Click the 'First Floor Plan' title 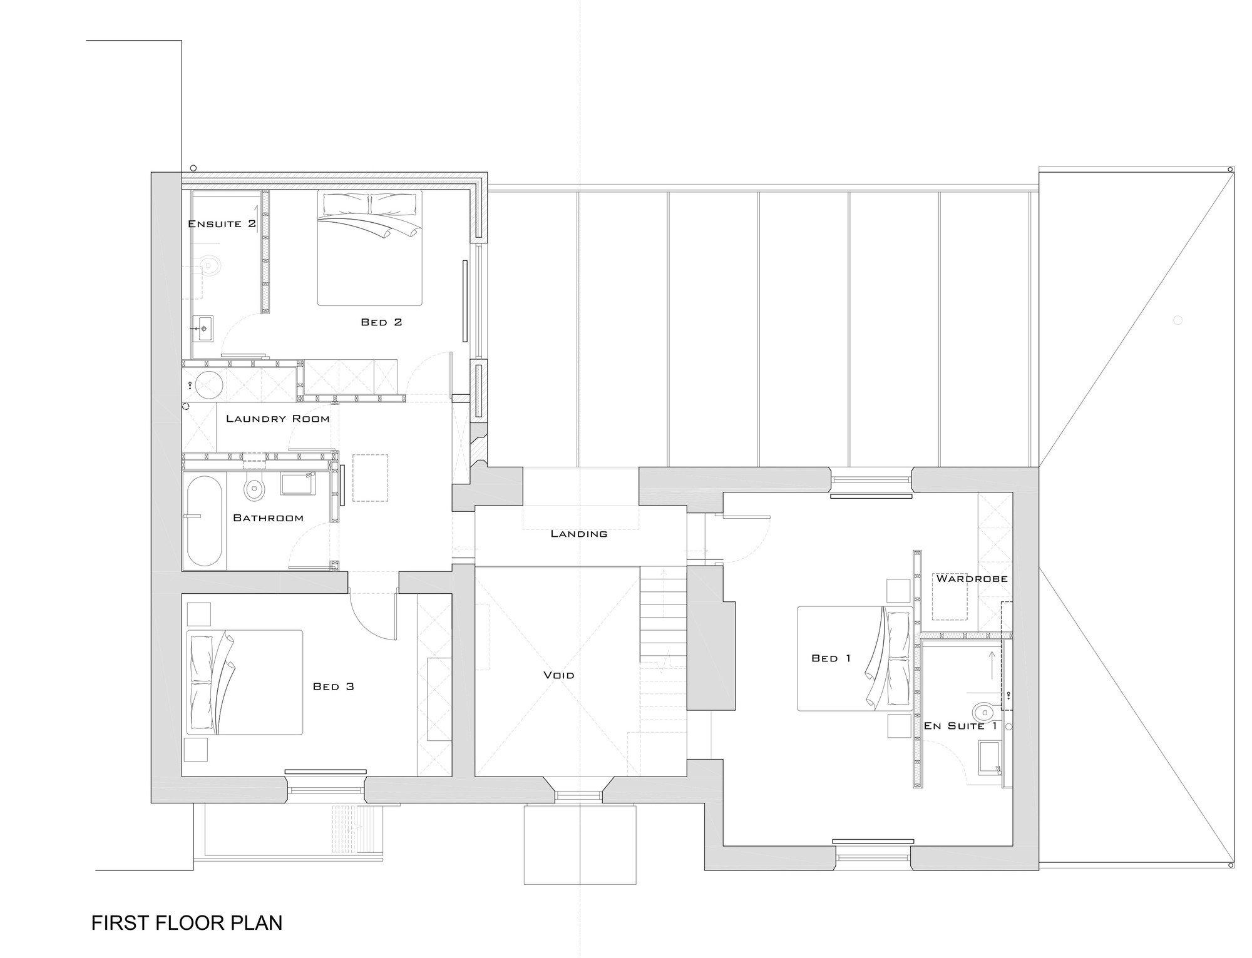pos(187,923)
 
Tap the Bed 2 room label pos(381,322)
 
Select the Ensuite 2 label pos(222,224)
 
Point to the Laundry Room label pos(277,419)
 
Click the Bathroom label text pos(268,518)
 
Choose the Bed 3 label pos(334,686)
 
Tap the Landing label pos(579,534)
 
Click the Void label pos(559,675)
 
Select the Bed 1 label pos(831,658)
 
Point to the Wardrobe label pos(972,579)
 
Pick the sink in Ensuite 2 pos(203,329)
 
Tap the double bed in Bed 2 pos(369,248)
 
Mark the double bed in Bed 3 pos(245,682)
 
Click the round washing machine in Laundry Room pos(208,384)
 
